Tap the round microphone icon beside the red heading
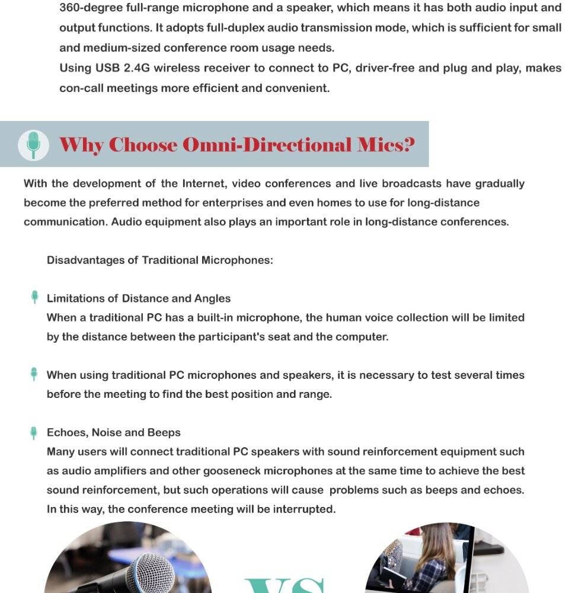click(33, 145)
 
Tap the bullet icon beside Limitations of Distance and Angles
click(34, 298)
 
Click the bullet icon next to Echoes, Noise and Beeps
click(34, 433)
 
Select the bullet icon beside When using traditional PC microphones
click(34, 374)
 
